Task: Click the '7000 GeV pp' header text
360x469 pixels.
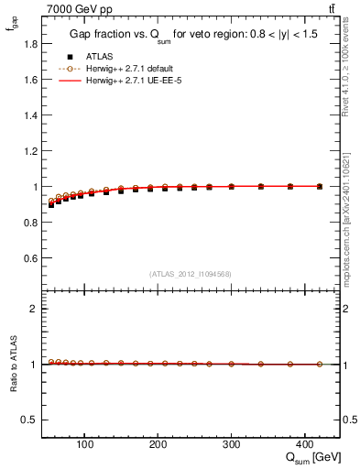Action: point(74,8)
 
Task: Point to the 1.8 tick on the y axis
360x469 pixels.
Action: point(32,44)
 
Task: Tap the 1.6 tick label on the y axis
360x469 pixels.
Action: point(32,80)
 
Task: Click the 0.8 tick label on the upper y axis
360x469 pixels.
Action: point(32,223)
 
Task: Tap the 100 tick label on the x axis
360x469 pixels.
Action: point(84,446)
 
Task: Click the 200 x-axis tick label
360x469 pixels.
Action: point(158,446)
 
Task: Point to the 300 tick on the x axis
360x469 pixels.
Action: point(231,446)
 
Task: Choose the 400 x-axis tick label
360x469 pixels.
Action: point(304,446)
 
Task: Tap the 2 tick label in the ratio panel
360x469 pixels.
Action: point(35,309)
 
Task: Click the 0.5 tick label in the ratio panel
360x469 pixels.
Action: point(32,420)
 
